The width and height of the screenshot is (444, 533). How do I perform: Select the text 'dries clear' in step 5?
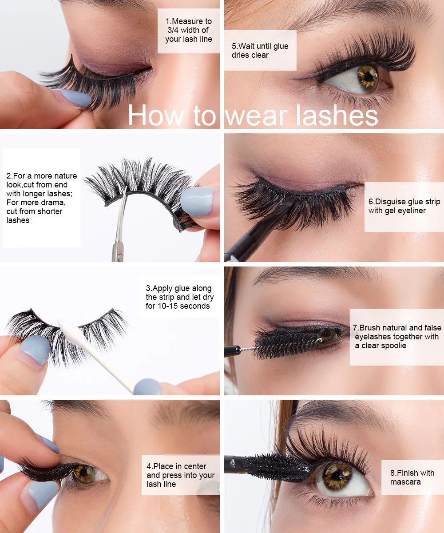[x=250, y=55]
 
